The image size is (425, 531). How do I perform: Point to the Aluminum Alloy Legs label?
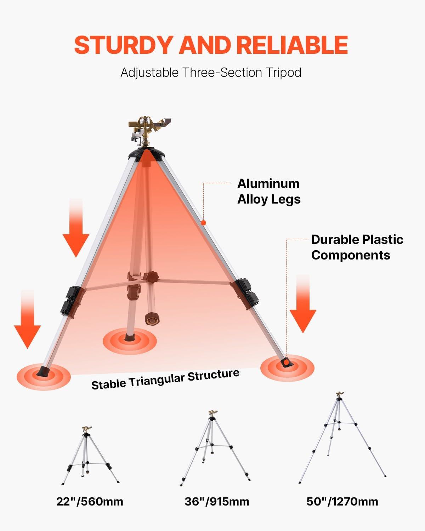coord(268,191)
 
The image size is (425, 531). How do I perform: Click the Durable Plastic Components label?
coord(357,247)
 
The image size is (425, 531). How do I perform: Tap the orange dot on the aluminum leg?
coord(203,223)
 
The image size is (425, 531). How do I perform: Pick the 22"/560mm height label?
coord(90,501)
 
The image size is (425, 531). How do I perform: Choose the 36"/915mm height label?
coord(217,501)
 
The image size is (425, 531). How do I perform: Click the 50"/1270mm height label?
coord(342,501)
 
